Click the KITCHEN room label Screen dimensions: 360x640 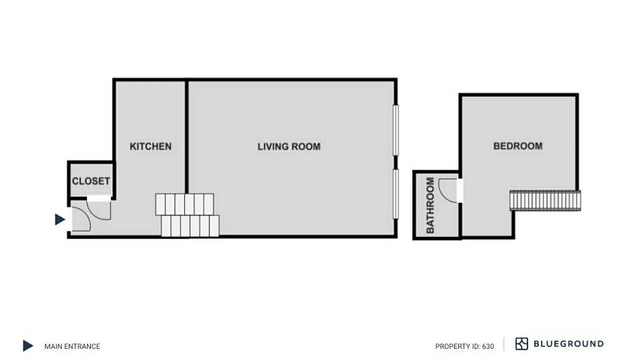pyautogui.click(x=150, y=146)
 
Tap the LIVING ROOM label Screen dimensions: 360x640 pyautogui.click(x=289, y=146)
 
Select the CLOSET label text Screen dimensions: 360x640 pyautogui.click(x=91, y=181)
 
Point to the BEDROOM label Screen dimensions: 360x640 pyautogui.click(x=518, y=146)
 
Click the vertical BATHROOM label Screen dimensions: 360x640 pyautogui.click(x=430, y=205)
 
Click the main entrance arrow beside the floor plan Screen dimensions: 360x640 pyautogui.click(x=59, y=219)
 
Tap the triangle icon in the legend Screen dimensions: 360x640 pyautogui.click(x=28, y=346)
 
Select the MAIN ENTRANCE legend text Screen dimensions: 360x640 pyautogui.click(x=72, y=346)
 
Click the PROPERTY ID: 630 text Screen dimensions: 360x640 pyautogui.click(x=464, y=346)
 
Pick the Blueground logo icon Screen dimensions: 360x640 pyautogui.click(x=521, y=344)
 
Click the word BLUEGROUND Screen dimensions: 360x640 pyautogui.click(x=568, y=344)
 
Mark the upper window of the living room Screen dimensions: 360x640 pyautogui.click(x=396, y=130)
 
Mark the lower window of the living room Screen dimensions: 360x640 pyautogui.click(x=396, y=194)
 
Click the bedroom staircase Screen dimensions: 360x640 pyautogui.click(x=545, y=200)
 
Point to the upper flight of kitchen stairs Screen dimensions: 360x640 pyautogui.click(x=185, y=204)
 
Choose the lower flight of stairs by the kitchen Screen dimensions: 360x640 pyautogui.click(x=190, y=226)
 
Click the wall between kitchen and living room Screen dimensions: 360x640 pyautogui.click(x=186, y=135)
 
